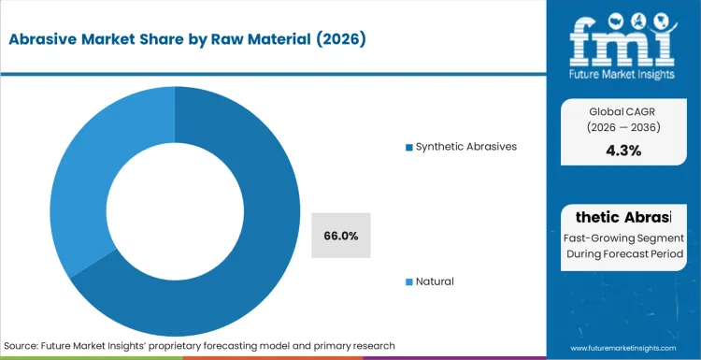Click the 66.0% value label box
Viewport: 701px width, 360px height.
[341, 236]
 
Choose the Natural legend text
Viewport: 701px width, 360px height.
[435, 281]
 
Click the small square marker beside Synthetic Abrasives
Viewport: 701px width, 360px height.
[408, 147]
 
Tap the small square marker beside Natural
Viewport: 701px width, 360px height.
[408, 281]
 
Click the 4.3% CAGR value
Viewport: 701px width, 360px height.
[622, 151]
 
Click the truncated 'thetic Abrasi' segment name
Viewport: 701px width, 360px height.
[622, 217]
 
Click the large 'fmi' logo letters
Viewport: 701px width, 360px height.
[623, 38]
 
